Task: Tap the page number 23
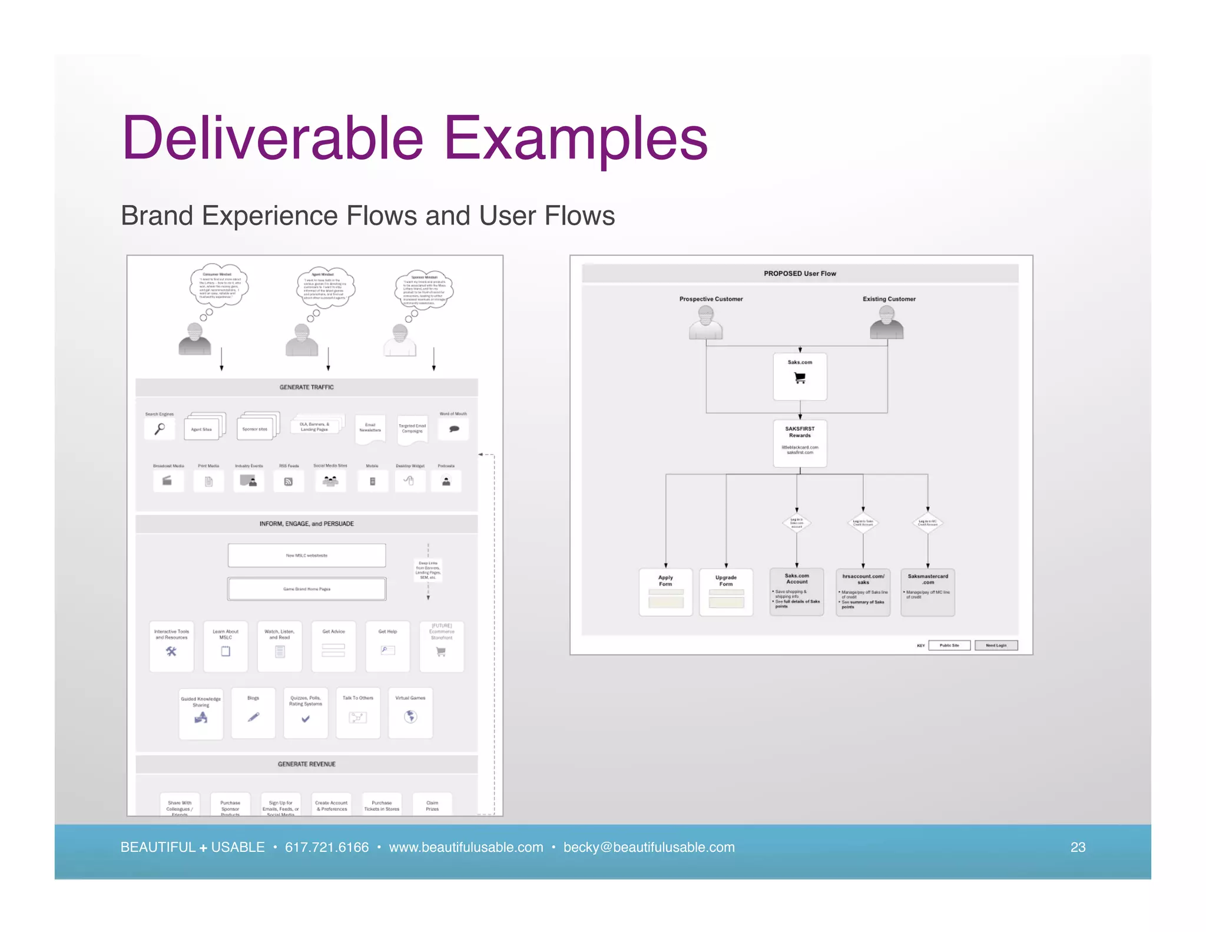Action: [1078, 847]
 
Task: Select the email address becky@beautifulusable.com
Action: [649, 847]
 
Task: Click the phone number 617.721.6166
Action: [326, 847]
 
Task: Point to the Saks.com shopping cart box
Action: [800, 376]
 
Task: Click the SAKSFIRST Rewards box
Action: [800, 443]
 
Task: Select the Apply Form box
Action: [665, 592]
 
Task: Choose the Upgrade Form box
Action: [725, 592]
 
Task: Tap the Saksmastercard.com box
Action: [927, 592]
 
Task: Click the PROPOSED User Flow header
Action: [800, 273]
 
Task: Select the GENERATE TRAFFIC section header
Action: [306, 387]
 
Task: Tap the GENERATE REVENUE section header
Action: [306, 764]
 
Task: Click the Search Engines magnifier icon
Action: [160, 428]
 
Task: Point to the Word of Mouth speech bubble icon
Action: [454, 428]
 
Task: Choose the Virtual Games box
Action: [410, 713]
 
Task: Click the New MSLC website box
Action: [307, 555]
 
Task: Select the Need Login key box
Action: [996, 645]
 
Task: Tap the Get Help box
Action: [387, 646]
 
